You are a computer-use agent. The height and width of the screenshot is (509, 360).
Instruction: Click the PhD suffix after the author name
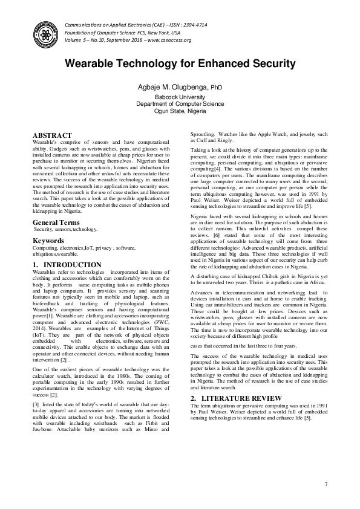click(x=216, y=88)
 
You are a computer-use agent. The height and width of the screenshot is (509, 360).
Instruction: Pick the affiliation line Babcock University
click(x=180, y=97)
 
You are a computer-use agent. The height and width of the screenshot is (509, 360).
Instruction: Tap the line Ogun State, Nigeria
click(x=180, y=111)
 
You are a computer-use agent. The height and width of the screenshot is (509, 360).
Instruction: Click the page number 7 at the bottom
click(x=326, y=484)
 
